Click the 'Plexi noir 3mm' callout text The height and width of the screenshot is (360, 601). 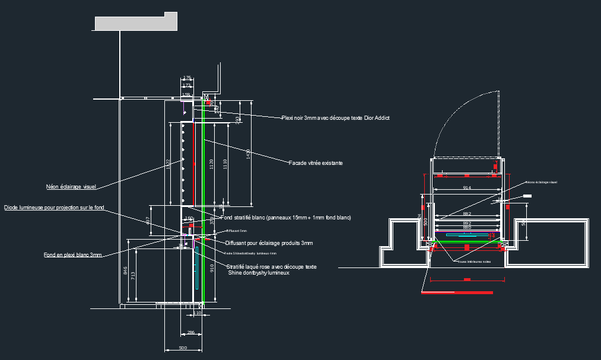click(335, 118)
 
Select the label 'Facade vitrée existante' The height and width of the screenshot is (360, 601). click(316, 163)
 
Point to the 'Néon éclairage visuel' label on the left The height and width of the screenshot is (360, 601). click(71, 187)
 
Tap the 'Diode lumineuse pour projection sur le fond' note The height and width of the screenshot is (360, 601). click(55, 208)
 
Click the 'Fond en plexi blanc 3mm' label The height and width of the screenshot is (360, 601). click(72, 255)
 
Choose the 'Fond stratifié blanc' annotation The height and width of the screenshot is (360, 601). click(285, 218)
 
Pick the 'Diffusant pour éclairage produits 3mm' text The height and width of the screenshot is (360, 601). click(269, 243)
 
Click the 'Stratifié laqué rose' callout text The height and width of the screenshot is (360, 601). click(271, 267)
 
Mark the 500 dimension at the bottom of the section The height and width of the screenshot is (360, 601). click(183, 348)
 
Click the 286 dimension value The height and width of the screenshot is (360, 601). click(190, 333)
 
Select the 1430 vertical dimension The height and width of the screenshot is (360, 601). click(249, 153)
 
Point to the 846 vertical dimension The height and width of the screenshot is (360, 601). click(125, 272)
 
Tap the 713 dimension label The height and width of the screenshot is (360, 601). click(133, 276)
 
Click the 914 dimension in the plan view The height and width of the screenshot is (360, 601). click(467, 188)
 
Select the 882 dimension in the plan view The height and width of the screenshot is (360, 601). click(467, 214)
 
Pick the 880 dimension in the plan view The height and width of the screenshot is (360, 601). click(467, 227)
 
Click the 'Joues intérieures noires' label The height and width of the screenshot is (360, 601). click(474, 261)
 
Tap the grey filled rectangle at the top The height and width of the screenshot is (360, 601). click(136, 23)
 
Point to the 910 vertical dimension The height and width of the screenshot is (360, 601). click(212, 267)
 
